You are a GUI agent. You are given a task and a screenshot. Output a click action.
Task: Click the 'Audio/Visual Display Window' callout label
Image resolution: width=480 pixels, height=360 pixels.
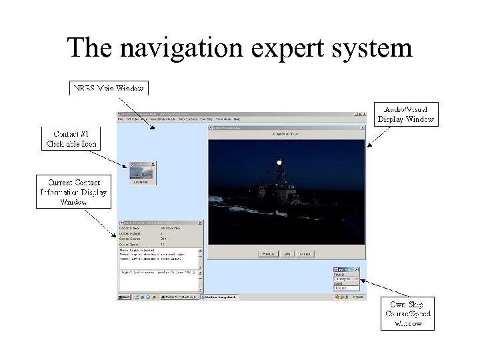click(406, 114)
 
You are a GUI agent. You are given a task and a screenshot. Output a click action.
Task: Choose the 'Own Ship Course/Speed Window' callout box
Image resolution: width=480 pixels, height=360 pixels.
click(407, 313)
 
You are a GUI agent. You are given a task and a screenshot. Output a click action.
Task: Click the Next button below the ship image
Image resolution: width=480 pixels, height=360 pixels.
click(288, 254)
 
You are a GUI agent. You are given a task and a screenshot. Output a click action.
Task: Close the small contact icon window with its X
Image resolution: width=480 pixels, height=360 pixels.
click(154, 163)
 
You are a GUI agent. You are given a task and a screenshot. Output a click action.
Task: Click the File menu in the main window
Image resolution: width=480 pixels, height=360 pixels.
click(121, 120)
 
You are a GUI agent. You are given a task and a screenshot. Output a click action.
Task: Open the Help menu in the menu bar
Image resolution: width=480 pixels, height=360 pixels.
click(236, 120)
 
